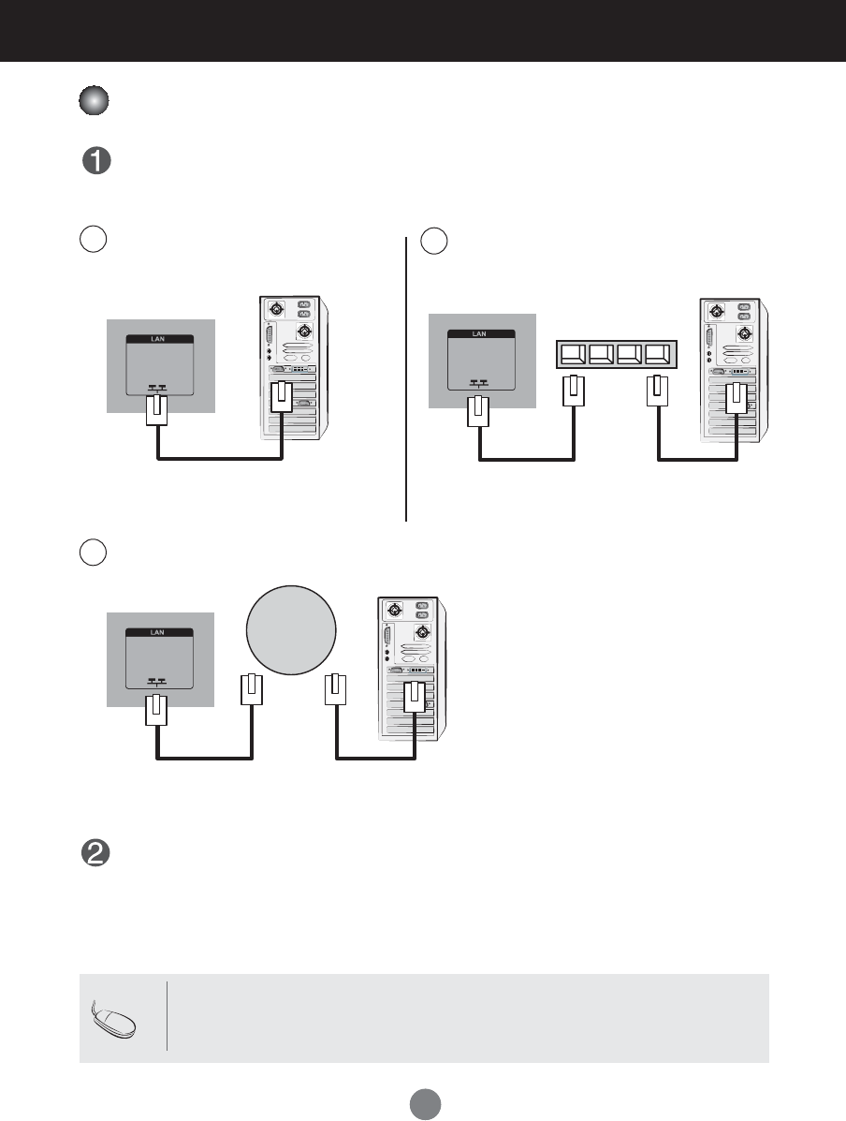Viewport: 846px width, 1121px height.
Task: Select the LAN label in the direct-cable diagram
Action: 159,339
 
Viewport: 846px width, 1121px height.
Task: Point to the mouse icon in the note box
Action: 117,1020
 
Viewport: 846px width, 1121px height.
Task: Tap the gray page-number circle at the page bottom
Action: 422,1102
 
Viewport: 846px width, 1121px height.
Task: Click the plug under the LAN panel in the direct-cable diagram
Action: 157,409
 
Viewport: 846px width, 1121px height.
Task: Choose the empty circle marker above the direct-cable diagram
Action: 92,239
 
